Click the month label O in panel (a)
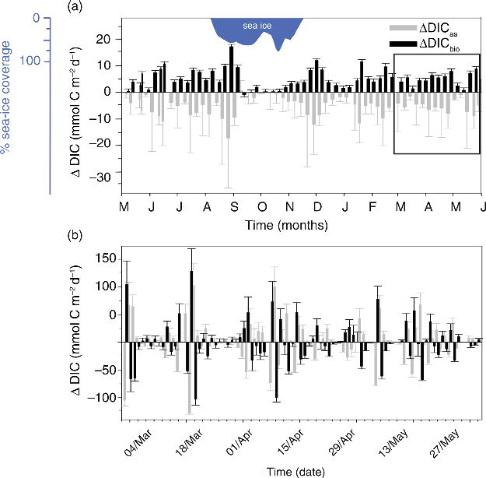tap(262, 208)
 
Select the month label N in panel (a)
tap(290, 208)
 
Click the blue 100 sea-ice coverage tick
tap(26, 61)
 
